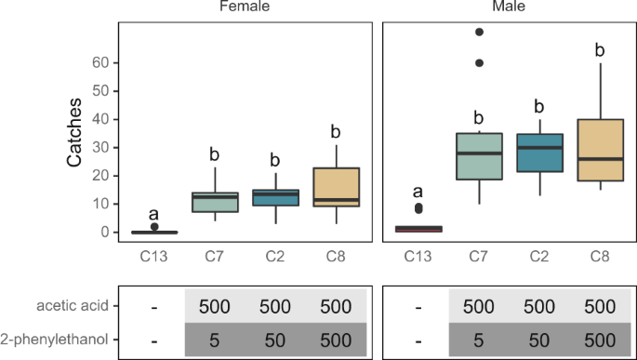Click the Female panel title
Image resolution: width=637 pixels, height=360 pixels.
(x=245, y=7)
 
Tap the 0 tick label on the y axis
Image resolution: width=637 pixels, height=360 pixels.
(x=105, y=233)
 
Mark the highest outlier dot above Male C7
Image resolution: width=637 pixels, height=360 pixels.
(x=479, y=32)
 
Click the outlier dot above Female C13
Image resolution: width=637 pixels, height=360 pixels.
(x=154, y=227)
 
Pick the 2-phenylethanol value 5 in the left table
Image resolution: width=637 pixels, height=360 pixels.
(x=215, y=339)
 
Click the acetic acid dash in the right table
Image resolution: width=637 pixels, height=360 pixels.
(x=418, y=306)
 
